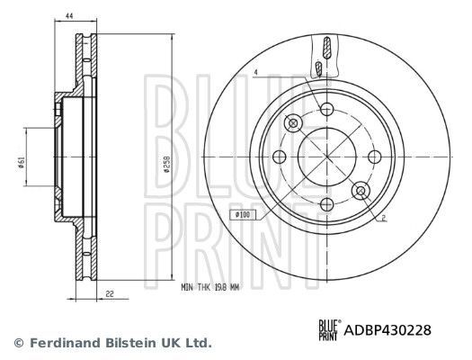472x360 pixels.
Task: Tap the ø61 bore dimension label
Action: [x=20, y=162]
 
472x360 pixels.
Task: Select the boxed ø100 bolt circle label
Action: [x=243, y=214]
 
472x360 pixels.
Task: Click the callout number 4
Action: [x=256, y=72]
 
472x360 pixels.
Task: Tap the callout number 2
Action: [x=383, y=219]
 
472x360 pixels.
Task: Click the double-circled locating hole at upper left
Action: [x=292, y=123]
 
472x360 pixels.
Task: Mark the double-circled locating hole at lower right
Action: [x=361, y=190]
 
